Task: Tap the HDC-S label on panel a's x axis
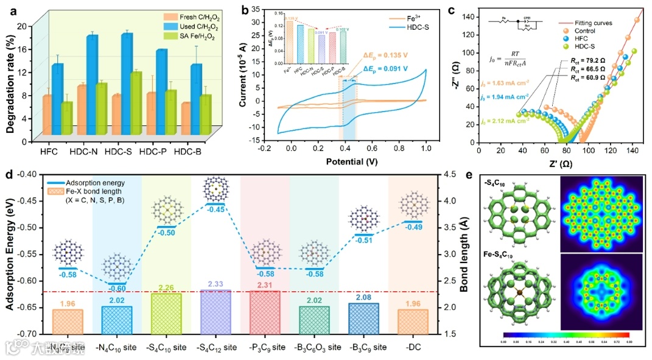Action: tap(119, 151)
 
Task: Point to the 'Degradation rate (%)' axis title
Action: tap(10, 82)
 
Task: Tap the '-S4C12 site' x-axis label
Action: tap(215, 347)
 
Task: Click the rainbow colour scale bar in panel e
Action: tap(566, 335)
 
